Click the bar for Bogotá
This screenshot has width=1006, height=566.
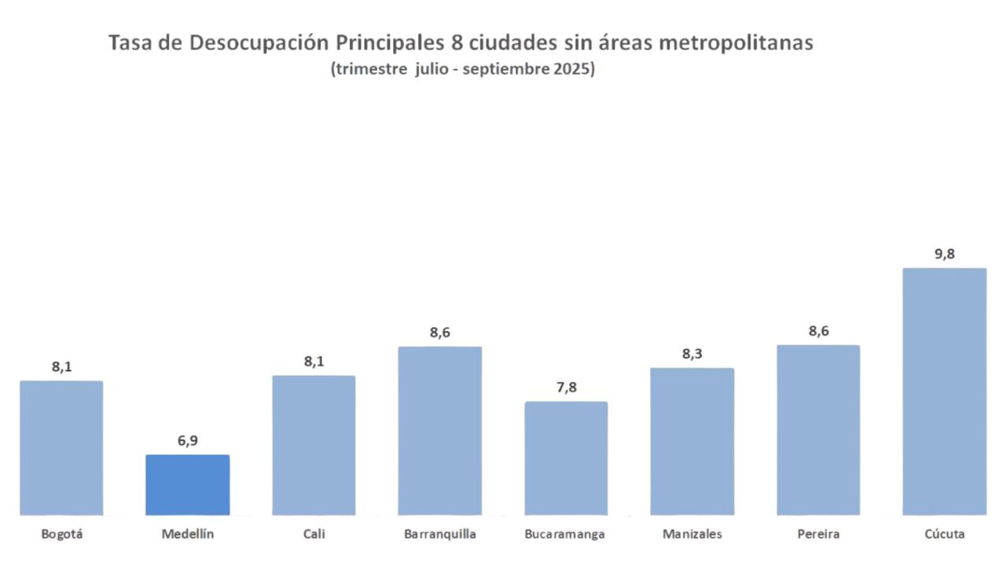[x=61, y=448]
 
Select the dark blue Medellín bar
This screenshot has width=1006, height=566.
[x=188, y=485]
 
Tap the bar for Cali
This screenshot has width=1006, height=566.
[x=314, y=445]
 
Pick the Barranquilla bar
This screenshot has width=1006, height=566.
[x=440, y=431]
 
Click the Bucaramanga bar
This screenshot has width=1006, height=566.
[x=566, y=458]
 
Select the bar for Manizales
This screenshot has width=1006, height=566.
[x=692, y=442]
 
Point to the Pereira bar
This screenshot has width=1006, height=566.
[x=818, y=430]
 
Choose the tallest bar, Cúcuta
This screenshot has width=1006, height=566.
[x=945, y=391]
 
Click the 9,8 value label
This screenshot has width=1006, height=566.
[x=945, y=254]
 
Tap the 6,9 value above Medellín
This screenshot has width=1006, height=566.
[x=188, y=440]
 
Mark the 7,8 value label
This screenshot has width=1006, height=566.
[x=566, y=388]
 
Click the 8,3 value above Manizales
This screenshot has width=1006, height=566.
[x=692, y=354]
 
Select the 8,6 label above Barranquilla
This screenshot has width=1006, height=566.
[x=440, y=332]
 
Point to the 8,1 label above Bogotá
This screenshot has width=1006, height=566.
[x=61, y=366]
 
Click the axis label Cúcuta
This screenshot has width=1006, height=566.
[x=945, y=535]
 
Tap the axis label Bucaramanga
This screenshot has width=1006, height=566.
[x=565, y=535]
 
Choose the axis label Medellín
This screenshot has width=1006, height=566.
[x=188, y=535]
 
